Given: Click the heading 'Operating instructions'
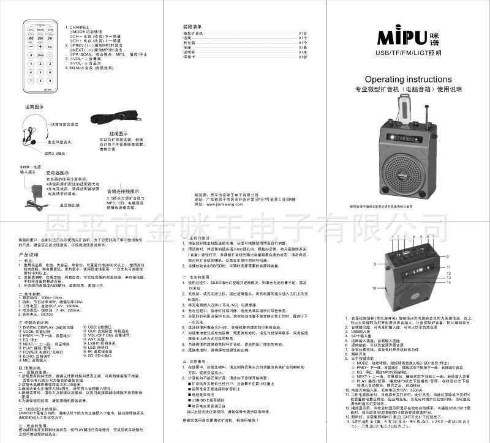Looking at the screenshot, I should coord(408,80).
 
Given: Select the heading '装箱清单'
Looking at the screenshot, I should coord(192,28).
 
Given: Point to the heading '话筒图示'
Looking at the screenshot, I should coord(34,106).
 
